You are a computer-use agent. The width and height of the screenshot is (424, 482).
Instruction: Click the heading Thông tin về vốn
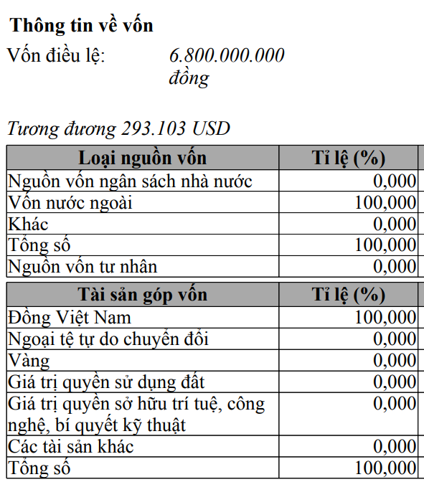(x=82, y=25)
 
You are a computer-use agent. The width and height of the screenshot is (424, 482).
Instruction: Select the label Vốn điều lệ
(x=56, y=55)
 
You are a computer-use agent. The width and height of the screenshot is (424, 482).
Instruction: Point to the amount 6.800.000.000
(x=227, y=55)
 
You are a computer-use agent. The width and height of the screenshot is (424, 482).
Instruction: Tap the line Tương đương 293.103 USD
(x=118, y=128)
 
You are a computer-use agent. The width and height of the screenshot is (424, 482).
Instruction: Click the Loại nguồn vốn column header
(x=142, y=158)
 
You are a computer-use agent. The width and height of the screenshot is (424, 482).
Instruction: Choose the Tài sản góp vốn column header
(x=142, y=294)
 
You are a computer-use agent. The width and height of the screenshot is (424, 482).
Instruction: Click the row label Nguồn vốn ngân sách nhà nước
(x=130, y=181)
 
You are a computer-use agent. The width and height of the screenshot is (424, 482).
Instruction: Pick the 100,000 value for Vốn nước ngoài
(x=385, y=203)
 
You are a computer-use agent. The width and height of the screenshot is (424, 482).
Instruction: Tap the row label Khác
(x=28, y=224)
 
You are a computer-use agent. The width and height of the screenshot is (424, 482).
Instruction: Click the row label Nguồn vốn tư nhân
(x=83, y=267)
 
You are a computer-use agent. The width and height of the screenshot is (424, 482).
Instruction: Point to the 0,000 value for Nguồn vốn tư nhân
(x=395, y=268)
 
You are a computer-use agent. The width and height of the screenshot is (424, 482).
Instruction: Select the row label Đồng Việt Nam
(x=70, y=316)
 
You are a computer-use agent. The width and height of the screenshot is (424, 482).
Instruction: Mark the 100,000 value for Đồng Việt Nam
(x=385, y=317)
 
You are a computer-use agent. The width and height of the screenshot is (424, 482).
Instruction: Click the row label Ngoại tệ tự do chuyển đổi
(x=108, y=338)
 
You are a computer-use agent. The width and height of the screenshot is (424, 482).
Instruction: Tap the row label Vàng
(x=29, y=360)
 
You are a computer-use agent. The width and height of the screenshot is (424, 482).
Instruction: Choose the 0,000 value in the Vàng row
(x=395, y=360)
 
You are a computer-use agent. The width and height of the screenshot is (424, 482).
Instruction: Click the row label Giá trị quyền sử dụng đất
(x=106, y=382)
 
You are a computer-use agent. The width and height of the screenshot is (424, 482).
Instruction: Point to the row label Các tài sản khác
(x=71, y=447)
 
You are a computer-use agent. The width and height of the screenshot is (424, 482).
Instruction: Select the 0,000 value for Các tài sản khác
(x=395, y=448)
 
